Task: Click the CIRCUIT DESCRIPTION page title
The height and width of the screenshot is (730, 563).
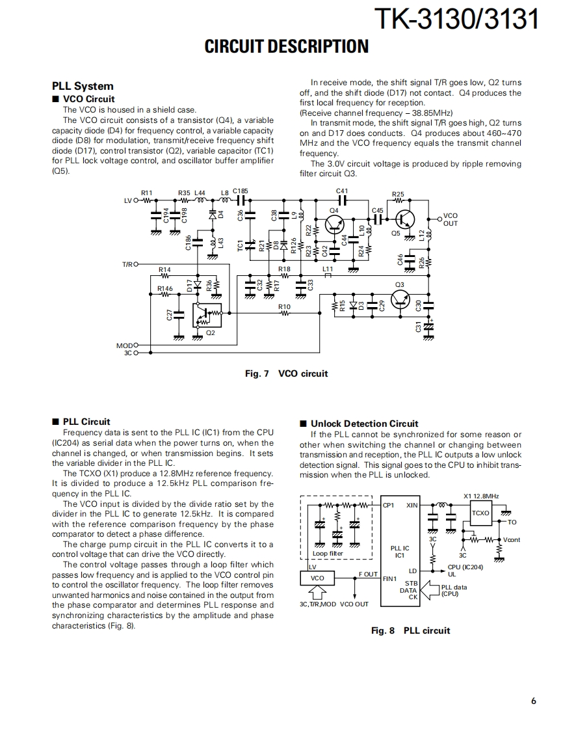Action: [x=286, y=47]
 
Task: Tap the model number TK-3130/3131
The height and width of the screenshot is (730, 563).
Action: [x=457, y=20]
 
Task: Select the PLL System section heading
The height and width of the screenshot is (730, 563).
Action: [x=83, y=86]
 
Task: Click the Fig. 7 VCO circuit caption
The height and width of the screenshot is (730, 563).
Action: [x=286, y=373]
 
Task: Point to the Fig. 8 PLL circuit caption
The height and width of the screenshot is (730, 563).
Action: [x=410, y=630]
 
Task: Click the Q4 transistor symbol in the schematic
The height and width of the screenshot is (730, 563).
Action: [x=335, y=224]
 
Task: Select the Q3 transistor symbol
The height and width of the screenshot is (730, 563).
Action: [x=400, y=299]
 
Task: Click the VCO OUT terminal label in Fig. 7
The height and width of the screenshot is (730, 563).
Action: [x=450, y=219]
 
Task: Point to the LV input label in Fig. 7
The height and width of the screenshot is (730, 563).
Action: [x=128, y=200]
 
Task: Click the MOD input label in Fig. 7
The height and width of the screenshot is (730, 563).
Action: [x=124, y=345]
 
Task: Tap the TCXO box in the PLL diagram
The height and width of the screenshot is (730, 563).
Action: [x=480, y=513]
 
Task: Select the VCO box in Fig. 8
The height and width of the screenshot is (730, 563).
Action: [x=317, y=578]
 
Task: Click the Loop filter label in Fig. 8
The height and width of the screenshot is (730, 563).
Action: [x=328, y=554]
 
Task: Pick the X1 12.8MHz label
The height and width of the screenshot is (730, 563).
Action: [x=481, y=496]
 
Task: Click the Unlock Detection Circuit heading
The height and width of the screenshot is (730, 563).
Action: [x=364, y=424]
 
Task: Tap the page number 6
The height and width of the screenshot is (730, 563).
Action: [x=533, y=701]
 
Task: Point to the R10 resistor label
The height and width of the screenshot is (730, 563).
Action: [x=284, y=306]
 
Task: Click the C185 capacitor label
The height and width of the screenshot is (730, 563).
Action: [x=240, y=191]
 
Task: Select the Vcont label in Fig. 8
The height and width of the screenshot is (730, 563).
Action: [x=512, y=540]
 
